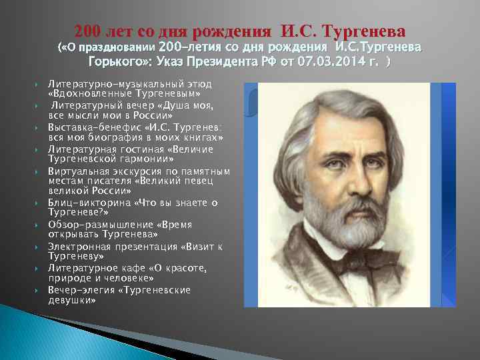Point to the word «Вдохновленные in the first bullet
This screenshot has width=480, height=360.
pyautogui.click(x=83, y=94)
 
